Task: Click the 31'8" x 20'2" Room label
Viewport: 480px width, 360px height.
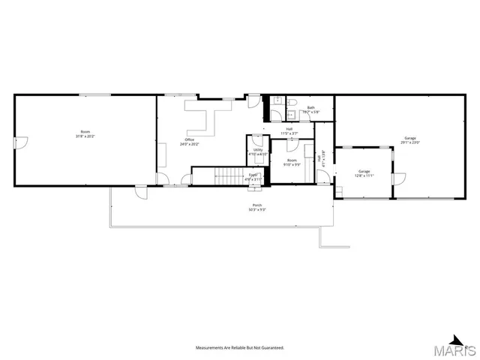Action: [x=85, y=134]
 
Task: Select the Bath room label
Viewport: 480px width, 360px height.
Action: [x=310, y=109]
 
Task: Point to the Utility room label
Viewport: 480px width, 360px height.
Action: [x=258, y=151]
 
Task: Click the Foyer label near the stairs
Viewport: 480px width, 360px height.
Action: [x=253, y=177]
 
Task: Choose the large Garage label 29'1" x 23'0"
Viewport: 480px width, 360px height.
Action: [x=410, y=139]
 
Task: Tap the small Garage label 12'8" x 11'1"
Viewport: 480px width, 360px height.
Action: [x=364, y=173]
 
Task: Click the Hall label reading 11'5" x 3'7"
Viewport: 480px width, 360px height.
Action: [x=289, y=130]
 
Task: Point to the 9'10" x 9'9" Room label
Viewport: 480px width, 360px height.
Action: [x=291, y=162]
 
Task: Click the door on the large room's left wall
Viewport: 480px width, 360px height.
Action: [x=22, y=142]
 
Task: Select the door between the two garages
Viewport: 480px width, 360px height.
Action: [x=399, y=179]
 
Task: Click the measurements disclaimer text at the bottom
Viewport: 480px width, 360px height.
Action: [x=240, y=348]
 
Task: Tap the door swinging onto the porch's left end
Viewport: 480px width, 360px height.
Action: [x=139, y=192]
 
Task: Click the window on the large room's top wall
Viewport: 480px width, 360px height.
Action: [x=92, y=94]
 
